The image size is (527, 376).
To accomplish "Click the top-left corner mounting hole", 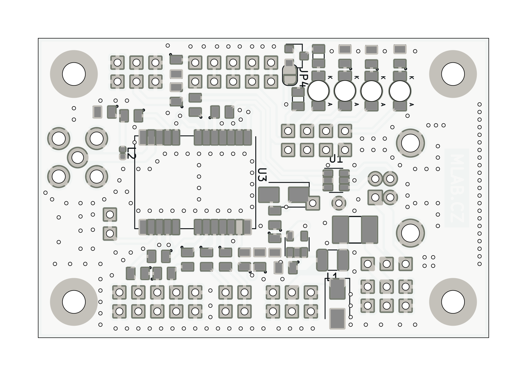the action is (74, 74).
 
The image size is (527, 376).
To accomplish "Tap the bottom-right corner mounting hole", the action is (453, 302).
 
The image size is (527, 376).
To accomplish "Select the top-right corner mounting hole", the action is (453, 74).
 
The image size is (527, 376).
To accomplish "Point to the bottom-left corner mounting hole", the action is (74, 302).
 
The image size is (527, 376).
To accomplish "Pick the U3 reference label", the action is (262, 175).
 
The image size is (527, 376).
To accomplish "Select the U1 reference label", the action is (336, 159).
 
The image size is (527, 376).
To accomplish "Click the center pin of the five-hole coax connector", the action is (78, 157).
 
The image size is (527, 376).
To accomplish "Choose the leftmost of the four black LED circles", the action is (318, 91).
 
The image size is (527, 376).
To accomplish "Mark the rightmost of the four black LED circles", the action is (400, 91).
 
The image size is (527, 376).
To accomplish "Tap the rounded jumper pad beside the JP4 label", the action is (290, 75).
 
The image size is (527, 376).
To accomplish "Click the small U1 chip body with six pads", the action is (336, 180).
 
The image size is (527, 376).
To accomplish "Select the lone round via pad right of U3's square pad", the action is (338, 203).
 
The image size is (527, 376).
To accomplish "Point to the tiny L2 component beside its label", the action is (123, 153).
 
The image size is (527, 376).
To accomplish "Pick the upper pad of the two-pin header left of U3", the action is (110, 215).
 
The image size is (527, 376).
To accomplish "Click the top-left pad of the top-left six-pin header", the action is (117, 63).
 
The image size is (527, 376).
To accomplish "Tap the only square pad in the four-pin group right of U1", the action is (375, 197).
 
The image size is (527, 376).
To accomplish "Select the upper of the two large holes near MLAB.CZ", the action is (410, 143).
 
